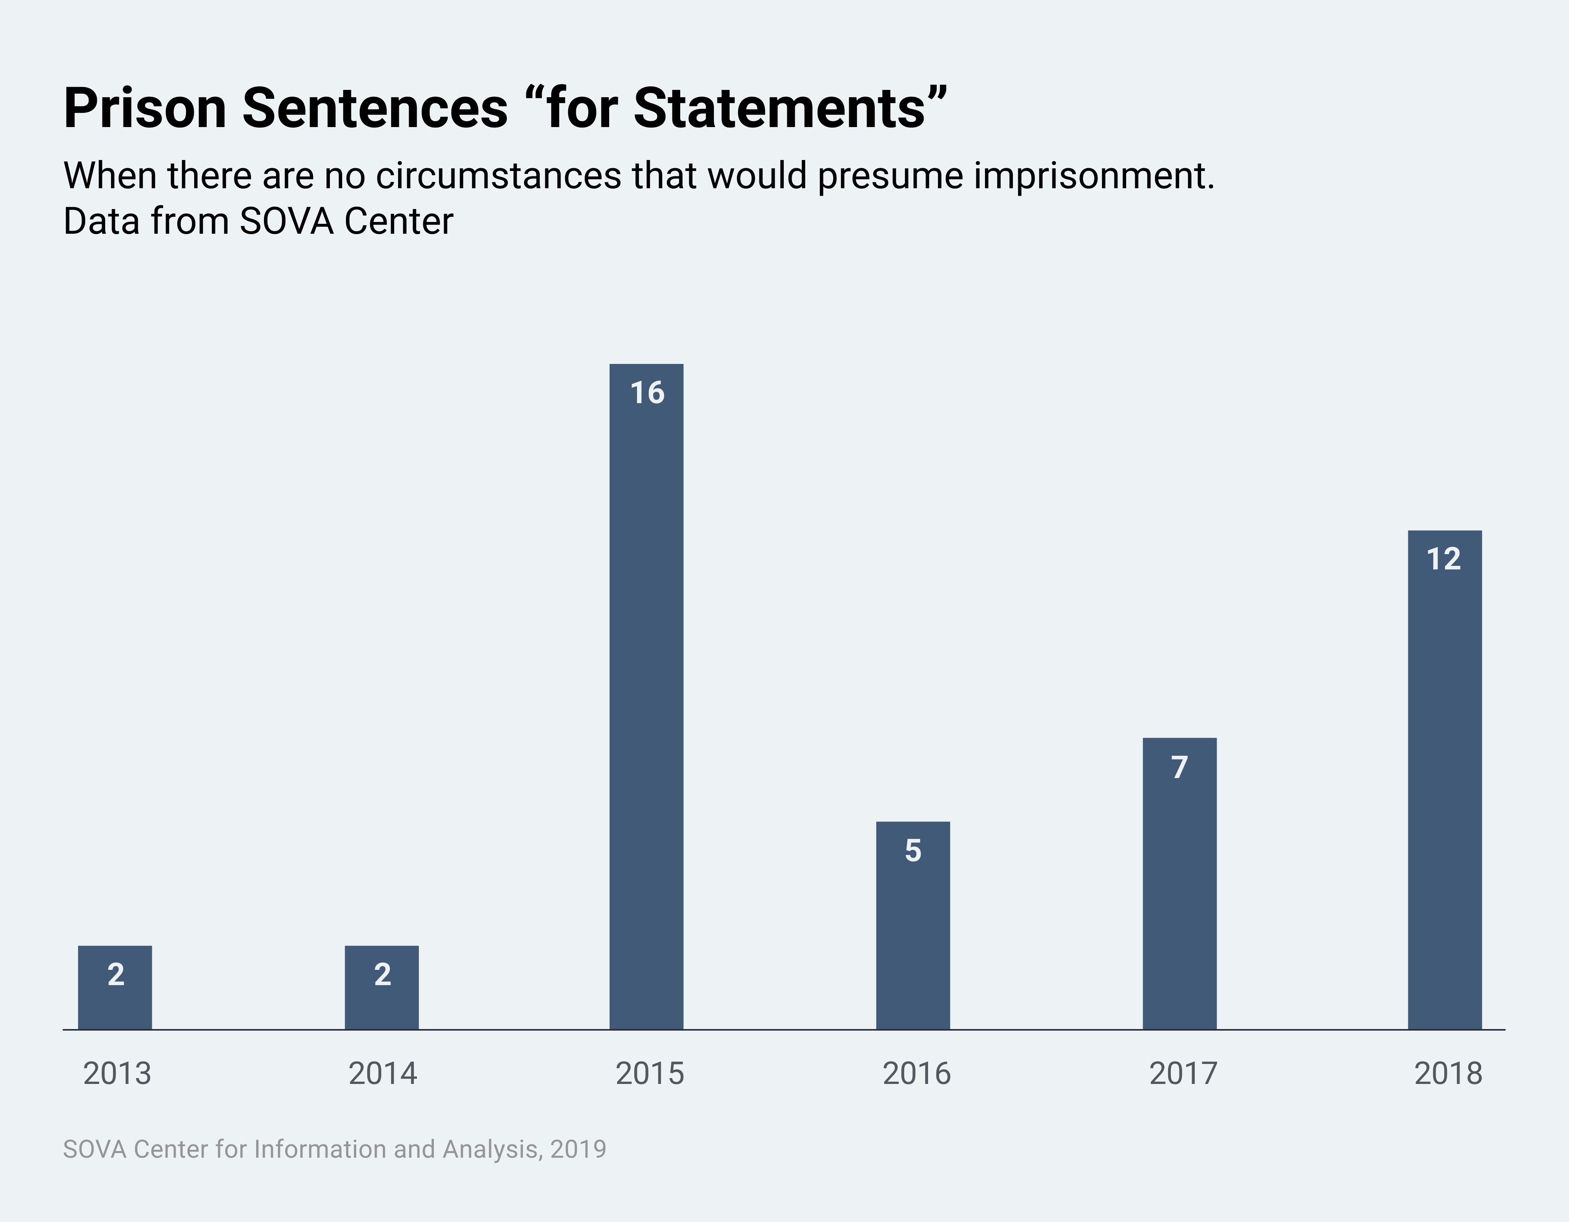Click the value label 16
coord(646,393)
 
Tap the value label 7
coord(1179,767)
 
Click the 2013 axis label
coord(117,1073)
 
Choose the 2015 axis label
coord(650,1073)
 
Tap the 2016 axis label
coord(916,1073)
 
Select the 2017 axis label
coord(1183,1073)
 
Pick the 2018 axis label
coord(1447,1073)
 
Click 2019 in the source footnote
coord(578,1149)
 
